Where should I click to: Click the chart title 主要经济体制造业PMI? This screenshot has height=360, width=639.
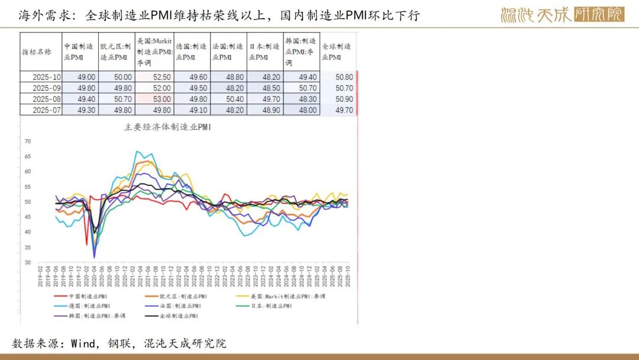pyautogui.click(x=168, y=127)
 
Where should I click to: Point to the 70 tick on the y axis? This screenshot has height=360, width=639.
pyautogui.click(x=27, y=142)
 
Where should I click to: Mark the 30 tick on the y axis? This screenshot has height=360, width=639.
pyautogui.click(x=27, y=262)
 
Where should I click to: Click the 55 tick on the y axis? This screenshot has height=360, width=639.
pyautogui.click(x=27, y=187)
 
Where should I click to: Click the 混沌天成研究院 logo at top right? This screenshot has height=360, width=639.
pyautogui.click(x=562, y=15)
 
